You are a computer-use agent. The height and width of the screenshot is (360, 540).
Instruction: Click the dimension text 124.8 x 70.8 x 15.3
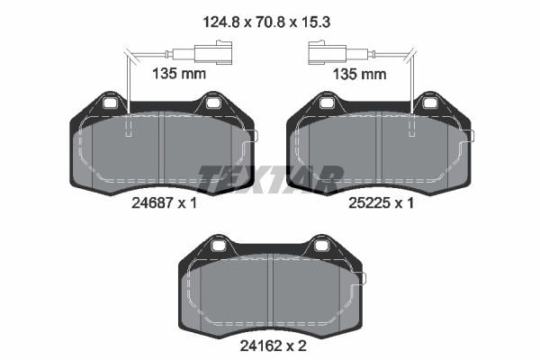[266, 22]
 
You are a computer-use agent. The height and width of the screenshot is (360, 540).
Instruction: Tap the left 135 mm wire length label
[179, 74]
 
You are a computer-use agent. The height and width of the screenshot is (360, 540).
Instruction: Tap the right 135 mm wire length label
[359, 74]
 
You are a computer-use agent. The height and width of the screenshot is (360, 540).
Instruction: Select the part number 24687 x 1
[165, 202]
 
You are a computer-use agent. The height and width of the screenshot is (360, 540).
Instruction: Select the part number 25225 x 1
[382, 202]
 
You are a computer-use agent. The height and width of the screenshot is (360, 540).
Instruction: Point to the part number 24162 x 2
[273, 346]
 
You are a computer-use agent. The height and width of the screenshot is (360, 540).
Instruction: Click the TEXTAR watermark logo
[270, 179]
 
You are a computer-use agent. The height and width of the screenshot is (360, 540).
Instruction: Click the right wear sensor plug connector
[327, 53]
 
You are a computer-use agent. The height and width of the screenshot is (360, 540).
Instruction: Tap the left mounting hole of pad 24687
[110, 103]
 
